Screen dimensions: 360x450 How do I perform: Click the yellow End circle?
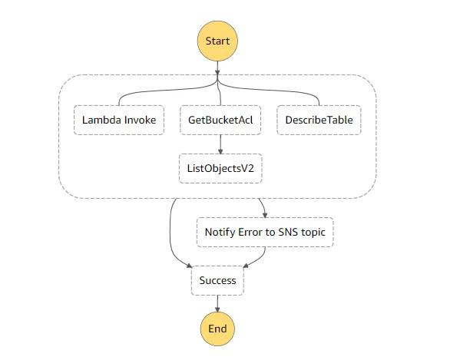click(217, 329)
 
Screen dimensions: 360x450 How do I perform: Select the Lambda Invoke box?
click(119, 121)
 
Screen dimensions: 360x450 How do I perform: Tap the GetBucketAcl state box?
click(220, 121)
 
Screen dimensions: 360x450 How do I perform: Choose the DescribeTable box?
click(319, 121)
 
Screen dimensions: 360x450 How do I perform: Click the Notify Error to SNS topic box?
click(265, 232)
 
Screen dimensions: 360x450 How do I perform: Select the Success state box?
click(217, 281)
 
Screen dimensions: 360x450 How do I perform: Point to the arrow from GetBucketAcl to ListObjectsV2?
click(220, 144)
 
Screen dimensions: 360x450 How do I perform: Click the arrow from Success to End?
click(217, 303)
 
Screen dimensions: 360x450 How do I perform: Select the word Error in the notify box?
click(256, 232)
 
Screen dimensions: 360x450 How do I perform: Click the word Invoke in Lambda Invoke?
click(140, 121)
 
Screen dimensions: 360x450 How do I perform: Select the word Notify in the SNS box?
click(221, 232)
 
